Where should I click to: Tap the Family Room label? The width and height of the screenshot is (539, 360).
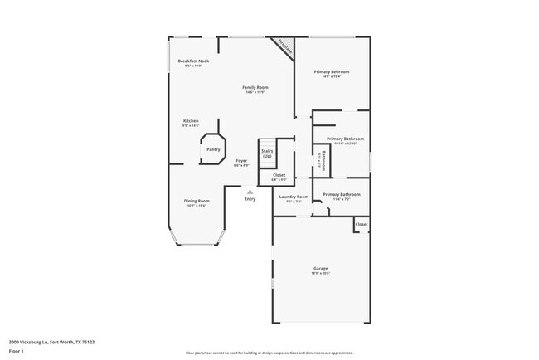pyautogui.click(x=255, y=87)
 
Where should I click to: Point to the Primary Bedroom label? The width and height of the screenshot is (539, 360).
pyautogui.click(x=331, y=72)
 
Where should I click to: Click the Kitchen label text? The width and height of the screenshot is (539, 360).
pyautogui.click(x=191, y=120)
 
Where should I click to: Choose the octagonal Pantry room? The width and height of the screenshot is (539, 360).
pyautogui.click(x=213, y=149)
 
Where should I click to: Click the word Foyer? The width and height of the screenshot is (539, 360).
pyautogui.click(x=241, y=160)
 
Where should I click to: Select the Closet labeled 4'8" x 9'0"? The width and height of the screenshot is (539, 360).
pyautogui.click(x=279, y=175)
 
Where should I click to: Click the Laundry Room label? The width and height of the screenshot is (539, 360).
pyautogui.click(x=294, y=197)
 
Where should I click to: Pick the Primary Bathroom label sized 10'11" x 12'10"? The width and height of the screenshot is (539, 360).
pyautogui.click(x=345, y=139)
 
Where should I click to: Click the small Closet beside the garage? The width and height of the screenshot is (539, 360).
pyautogui.click(x=362, y=224)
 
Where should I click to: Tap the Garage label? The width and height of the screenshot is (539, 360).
pyautogui.click(x=320, y=268)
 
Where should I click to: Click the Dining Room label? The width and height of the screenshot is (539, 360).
pyautogui.click(x=197, y=201)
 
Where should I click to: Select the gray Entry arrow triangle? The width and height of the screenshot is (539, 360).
pyautogui.click(x=249, y=192)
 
